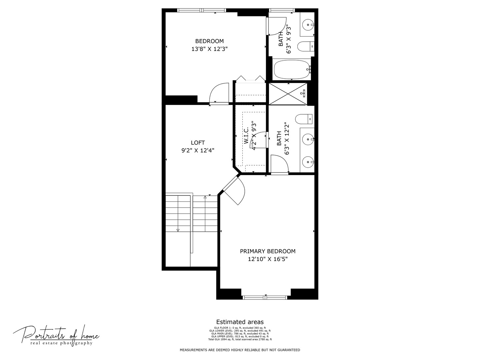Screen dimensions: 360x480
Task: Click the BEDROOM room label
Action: (209, 41)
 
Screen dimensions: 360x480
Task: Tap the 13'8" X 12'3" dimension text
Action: (209, 49)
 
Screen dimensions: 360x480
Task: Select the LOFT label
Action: (198, 142)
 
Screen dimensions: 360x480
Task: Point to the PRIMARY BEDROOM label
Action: (268, 251)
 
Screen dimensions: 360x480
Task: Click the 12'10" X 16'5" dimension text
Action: (268, 259)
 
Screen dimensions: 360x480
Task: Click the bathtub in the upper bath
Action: (292, 69)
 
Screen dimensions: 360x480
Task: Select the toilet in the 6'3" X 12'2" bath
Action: (304, 119)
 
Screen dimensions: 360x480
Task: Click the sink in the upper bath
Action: (308, 24)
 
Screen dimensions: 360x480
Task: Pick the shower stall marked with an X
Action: (288, 93)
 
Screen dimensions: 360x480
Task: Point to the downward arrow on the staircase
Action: (178, 230)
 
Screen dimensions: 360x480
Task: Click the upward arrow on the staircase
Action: (205, 198)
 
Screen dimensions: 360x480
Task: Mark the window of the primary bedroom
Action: (265, 297)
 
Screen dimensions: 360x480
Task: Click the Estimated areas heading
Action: (240, 322)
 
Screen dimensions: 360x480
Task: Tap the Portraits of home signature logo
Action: (56, 335)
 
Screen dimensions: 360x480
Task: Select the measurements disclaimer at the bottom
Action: (240, 350)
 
